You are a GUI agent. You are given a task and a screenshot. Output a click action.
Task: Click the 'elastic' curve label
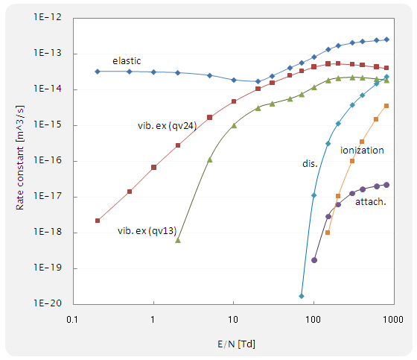[127, 60]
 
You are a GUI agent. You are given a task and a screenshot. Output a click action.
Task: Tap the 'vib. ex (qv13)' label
[146, 230]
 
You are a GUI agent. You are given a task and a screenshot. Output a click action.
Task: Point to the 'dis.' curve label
[309, 162]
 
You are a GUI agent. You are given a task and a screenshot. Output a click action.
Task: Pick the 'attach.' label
[370, 202]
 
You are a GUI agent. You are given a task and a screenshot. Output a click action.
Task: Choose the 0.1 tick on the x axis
[72, 318]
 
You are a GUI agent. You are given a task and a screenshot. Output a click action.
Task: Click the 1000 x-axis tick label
[394, 318]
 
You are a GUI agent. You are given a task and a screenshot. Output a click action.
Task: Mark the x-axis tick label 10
[233, 318]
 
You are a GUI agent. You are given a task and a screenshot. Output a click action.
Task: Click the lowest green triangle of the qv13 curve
[177, 240]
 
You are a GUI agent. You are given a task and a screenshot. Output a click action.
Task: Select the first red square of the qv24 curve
[98, 221]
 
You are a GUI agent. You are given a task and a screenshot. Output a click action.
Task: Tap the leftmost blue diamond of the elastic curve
[98, 72]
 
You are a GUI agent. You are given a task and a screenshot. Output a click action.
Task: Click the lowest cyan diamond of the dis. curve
[302, 296]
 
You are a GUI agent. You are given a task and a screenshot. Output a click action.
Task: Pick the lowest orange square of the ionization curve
[328, 233]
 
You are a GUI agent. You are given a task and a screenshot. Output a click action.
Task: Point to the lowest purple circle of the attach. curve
[314, 260]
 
